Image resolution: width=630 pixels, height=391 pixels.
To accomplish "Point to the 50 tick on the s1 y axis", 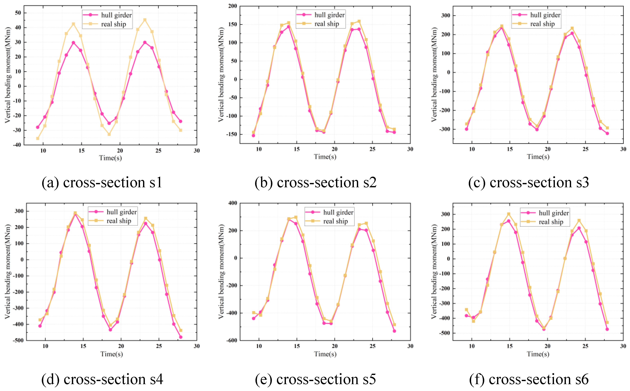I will tap(18, 13).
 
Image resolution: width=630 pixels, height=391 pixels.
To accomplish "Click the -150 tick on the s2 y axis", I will tap(231, 134).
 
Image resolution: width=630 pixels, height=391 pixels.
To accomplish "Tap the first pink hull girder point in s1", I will tap(38, 127).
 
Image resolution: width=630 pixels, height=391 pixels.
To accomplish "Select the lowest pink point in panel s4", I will tap(181, 337).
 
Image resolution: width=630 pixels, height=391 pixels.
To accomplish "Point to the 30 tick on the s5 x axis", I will tap(410, 346).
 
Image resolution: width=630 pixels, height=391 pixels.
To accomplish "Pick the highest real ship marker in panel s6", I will tap(509, 214).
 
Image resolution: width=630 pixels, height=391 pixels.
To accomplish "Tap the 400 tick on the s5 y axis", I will tap(233, 203).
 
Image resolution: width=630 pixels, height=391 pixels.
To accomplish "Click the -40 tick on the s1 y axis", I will tap(17, 145).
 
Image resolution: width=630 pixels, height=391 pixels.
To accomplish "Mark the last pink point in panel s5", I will tap(394, 331).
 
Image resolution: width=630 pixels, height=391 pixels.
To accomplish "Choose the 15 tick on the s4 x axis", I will tap(83, 346).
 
